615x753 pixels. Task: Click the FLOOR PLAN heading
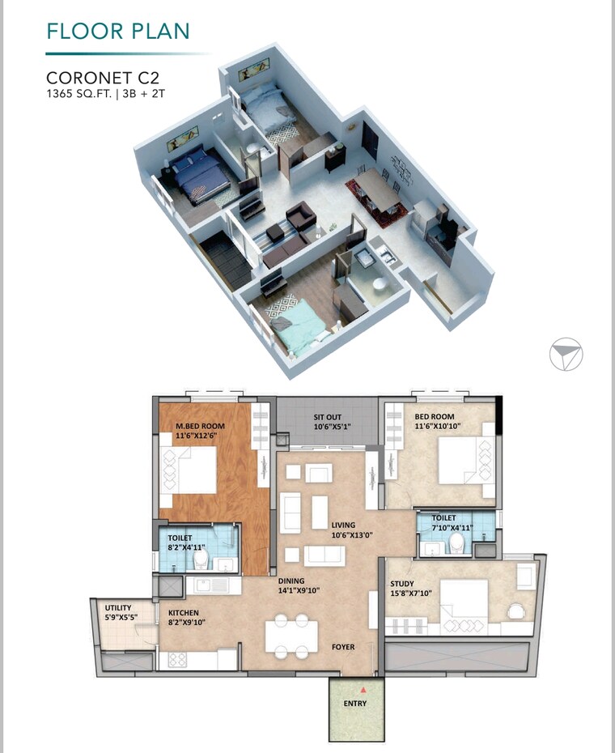click(118, 32)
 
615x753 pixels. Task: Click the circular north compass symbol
click(565, 354)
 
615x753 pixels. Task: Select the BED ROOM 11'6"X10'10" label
click(440, 421)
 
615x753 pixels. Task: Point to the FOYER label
click(343, 647)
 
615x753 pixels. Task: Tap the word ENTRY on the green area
click(354, 704)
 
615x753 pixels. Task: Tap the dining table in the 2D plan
click(291, 636)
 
